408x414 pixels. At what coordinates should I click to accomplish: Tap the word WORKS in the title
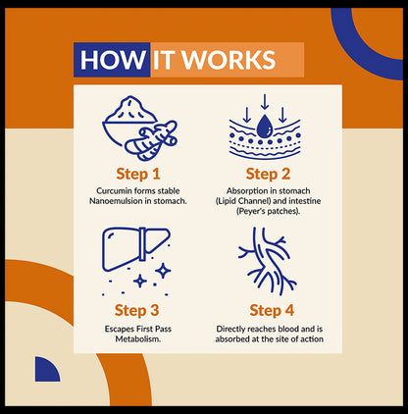pyautogui.click(x=229, y=60)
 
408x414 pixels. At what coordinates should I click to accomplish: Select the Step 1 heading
pyautogui.click(x=138, y=174)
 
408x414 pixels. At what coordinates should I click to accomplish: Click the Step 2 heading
pyautogui.click(x=268, y=174)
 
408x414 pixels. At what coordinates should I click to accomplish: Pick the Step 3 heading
pyautogui.click(x=136, y=310)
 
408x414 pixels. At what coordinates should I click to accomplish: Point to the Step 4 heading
pyautogui.click(x=272, y=310)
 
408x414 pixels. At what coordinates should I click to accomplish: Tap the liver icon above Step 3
pyautogui.click(x=136, y=249)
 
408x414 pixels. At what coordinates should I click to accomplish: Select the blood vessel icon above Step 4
pyautogui.click(x=267, y=261)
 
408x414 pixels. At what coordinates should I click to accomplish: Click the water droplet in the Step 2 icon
pyautogui.click(x=265, y=127)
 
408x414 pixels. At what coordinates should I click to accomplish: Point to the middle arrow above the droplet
pyautogui.click(x=265, y=102)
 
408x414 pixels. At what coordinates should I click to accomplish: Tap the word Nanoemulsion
pyautogui.click(x=116, y=201)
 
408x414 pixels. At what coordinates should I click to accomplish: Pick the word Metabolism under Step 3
pyautogui.click(x=138, y=338)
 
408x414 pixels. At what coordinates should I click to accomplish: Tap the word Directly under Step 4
pyautogui.click(x=230, y=329)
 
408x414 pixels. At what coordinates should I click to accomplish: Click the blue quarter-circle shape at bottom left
pyautogui.click(x=46, y=370)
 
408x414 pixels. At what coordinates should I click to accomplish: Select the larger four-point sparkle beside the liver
pyautogui.click(x=163, y=271)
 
